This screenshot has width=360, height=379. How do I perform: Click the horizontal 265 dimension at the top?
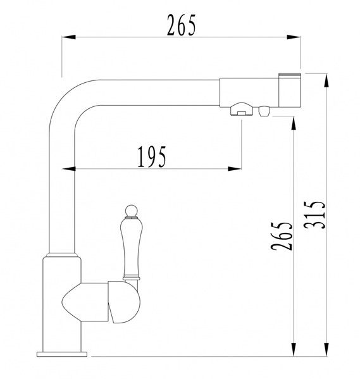pyautogui.click(x=181, y=25)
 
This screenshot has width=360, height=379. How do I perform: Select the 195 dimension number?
pyautogui.click(x=152, y=157)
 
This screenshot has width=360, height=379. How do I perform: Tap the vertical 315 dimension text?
pyautogui.click(x=314, y=215)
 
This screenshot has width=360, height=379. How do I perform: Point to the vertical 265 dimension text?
pyautogui.click(x=282, y=236)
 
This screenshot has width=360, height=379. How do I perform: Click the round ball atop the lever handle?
pyautogui.click(x=131, y=211)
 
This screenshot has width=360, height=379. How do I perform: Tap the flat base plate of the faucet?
pyautogui.click(x=62, y=354)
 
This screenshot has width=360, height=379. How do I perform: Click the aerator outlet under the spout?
pyautogui.click(x=242, y=109)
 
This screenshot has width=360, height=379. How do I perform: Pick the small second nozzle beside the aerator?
pyautogui.click(x=264, y=111)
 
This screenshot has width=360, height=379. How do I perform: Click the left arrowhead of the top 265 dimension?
pyautogui.click(x=69, y=37)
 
